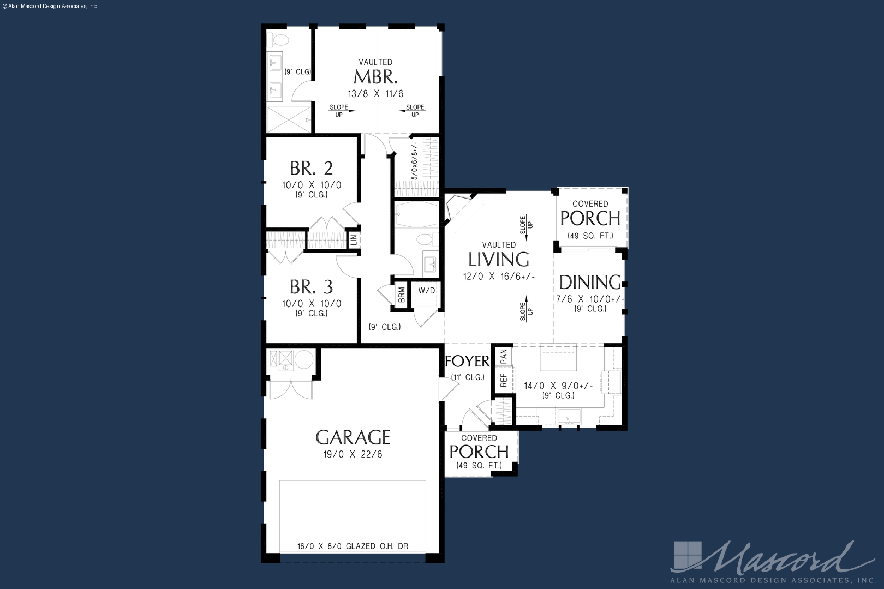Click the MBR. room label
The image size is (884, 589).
point(375,77)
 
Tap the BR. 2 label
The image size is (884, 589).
point(312,169)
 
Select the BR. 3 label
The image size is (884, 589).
point(312,287)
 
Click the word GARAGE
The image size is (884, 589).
point(353,437)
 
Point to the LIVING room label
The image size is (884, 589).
point(499,259)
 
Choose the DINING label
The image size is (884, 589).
point(590,282)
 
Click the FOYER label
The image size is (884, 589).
point(467,362)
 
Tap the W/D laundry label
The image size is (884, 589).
point(427,291)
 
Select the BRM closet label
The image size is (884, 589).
point(402,294)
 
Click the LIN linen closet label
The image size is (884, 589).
point(354,239)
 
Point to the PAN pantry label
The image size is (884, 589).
point(504,356)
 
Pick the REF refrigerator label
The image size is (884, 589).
point(504,380)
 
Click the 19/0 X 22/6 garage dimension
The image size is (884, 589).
point(353,454)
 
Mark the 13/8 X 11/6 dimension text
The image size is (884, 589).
point(375,94)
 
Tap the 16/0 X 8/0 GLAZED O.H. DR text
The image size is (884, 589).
point(353,546)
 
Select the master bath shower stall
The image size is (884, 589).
point(289,119)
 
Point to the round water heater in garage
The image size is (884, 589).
point(303,360)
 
